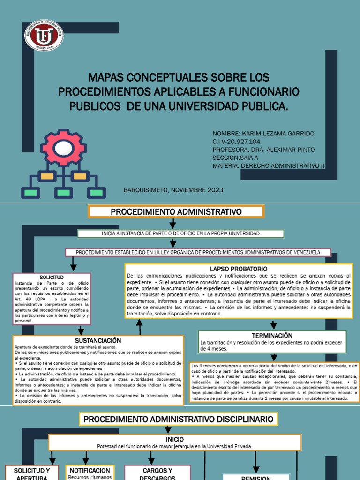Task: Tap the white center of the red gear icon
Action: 62,149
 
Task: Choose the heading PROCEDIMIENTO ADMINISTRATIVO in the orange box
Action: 176,212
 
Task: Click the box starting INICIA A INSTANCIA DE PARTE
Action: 180,233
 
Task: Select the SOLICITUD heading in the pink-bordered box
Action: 52,277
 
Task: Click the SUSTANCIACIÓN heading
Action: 98,340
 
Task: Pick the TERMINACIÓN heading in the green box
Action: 272,336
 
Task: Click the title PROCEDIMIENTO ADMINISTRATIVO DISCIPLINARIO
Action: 178,419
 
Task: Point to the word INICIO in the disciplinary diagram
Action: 174,439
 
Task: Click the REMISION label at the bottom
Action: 255,478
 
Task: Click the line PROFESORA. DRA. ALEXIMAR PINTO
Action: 263,150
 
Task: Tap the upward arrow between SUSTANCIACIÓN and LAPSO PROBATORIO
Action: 139,326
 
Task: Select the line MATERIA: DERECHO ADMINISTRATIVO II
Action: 268,165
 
